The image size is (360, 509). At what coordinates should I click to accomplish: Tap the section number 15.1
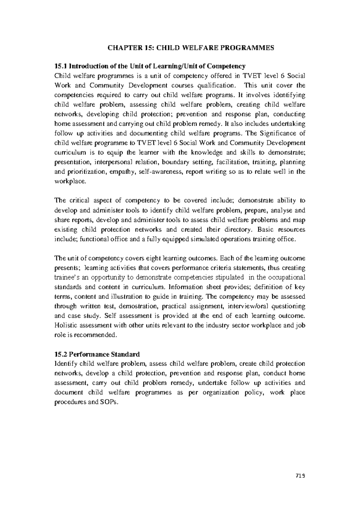pyautogui.click(x=61, y=66)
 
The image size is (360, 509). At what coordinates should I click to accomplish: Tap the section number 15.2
pyautogui.click(x=61, y=354)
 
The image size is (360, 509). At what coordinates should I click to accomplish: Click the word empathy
pyautogui.click(x=125, y=172)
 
